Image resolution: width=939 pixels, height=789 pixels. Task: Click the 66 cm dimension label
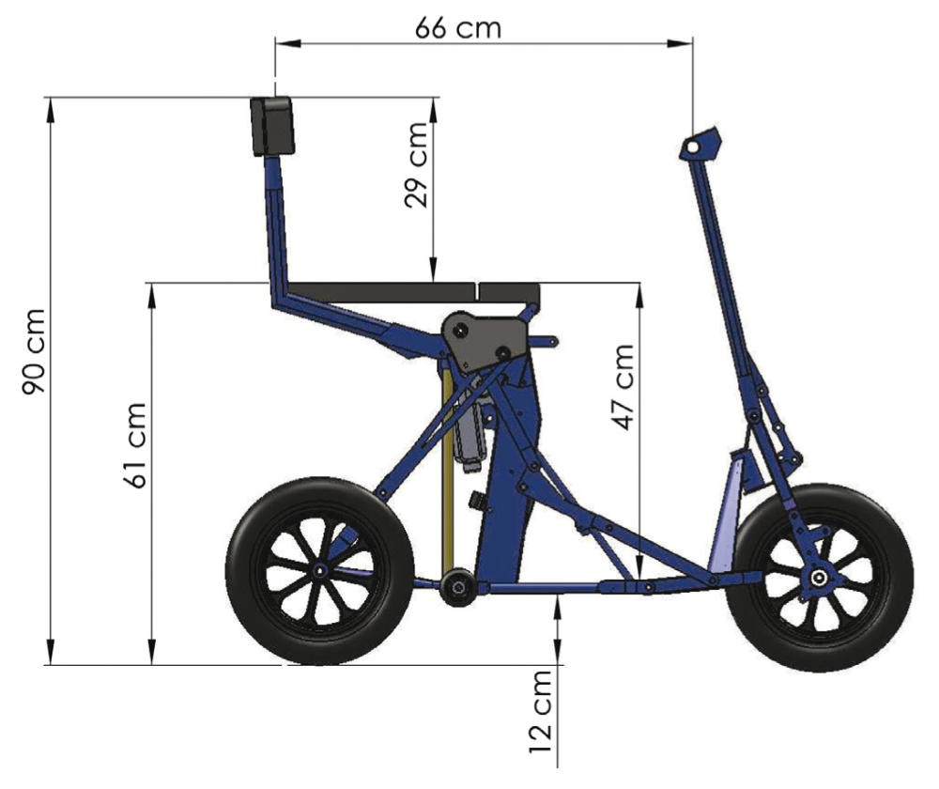click(x=458, y=27)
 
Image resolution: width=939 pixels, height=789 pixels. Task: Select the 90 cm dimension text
click(x=34, y=351)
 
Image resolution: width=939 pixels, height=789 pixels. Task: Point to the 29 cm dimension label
click(x=416, y=164)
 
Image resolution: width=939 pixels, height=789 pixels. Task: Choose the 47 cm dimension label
click(x=623, y=387)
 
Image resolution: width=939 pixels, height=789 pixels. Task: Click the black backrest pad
click(x=272, y=126)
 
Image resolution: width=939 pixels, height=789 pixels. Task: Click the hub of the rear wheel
click(x=320, y=570)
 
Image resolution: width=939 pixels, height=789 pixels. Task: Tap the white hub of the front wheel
click(x=818, y=578)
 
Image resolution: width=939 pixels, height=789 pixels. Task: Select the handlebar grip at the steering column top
click(x=700, y=145)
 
